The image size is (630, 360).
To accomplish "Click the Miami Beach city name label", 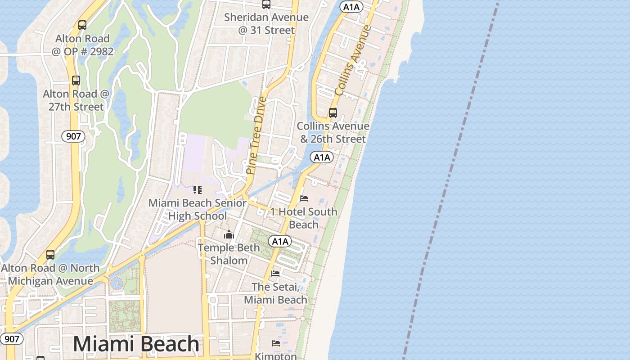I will point(136,344).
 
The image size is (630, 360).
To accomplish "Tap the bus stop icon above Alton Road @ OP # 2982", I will point(82,25).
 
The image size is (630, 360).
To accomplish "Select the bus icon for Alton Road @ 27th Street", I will point(76,81).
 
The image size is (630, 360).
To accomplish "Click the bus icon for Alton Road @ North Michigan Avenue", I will point(50,255).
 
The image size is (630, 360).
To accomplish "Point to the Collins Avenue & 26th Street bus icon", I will point(333,113).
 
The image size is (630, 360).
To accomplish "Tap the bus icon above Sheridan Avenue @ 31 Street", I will point(266,4).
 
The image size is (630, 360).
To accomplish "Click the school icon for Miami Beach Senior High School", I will point(198,190).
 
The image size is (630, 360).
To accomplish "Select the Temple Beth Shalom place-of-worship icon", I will point(229,234).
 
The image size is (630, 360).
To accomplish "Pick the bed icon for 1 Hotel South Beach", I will point(304,198).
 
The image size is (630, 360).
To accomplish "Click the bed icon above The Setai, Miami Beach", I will point(275,273).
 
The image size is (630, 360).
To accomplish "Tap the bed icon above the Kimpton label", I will point(276,343).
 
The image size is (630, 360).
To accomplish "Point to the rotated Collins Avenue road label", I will point(353,60).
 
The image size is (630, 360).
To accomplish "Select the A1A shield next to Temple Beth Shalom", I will point(280,242).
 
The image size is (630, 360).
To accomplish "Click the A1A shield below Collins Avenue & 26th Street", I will point(321,157).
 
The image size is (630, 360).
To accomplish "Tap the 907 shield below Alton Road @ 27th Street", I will point(73,136).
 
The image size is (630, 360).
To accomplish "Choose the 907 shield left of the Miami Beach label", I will point(11,339).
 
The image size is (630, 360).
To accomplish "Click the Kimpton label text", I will point(276,356).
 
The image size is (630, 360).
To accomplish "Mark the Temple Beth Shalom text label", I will point(229,254).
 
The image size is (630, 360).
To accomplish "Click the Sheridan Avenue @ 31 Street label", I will point(266,24).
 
